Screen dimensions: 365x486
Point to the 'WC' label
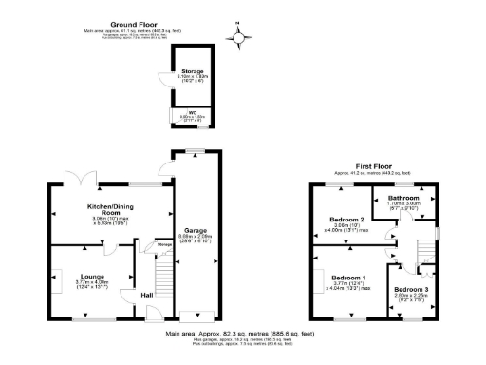[x=192, y=112]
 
